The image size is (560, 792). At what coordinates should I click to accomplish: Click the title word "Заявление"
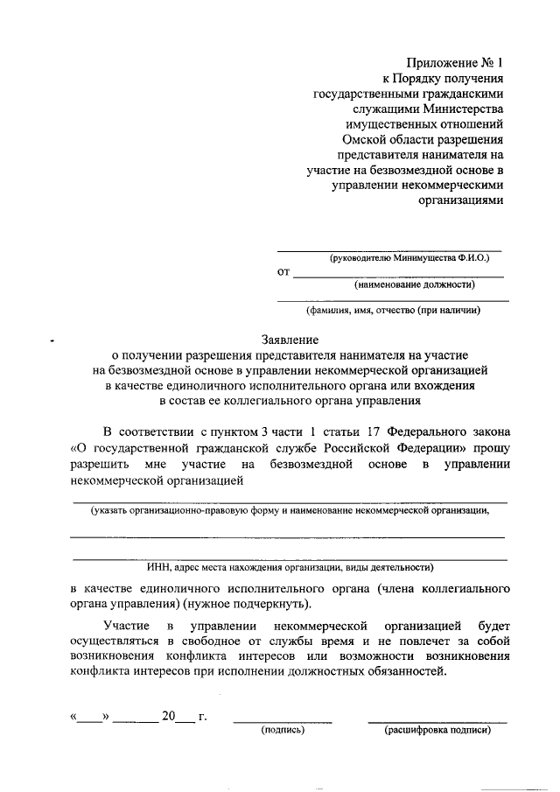pos(290,340)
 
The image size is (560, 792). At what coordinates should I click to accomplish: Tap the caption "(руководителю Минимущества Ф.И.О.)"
pos(409,259)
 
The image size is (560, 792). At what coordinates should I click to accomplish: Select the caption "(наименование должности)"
pos(415,284)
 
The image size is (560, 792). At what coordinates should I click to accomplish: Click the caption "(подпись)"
pos(283,728)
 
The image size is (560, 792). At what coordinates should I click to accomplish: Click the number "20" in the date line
pos(169,717)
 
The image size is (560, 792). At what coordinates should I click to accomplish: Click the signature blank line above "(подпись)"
pos(283,720)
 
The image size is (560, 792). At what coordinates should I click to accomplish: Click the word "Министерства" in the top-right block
pos(462,109)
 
